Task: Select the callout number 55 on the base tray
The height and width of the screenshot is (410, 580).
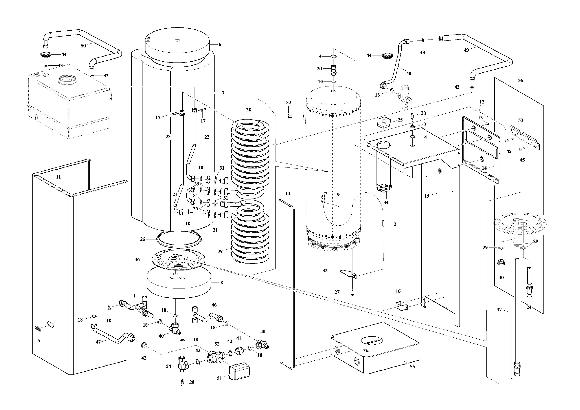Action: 412,367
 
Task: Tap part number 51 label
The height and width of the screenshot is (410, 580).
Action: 220,378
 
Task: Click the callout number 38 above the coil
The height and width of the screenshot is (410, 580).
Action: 249,110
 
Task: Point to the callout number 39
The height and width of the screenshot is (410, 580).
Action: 220,251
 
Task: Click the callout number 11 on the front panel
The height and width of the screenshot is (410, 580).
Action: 58,177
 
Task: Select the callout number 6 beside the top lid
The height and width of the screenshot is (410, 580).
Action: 220,45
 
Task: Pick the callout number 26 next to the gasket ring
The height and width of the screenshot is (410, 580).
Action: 142,239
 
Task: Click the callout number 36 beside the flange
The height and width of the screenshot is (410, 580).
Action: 137,259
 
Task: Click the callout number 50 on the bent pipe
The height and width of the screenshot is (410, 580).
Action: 83,46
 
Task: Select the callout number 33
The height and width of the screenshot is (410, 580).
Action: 288,102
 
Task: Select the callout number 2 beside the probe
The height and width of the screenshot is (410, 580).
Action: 395,224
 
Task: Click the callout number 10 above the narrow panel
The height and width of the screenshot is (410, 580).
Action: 287,193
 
